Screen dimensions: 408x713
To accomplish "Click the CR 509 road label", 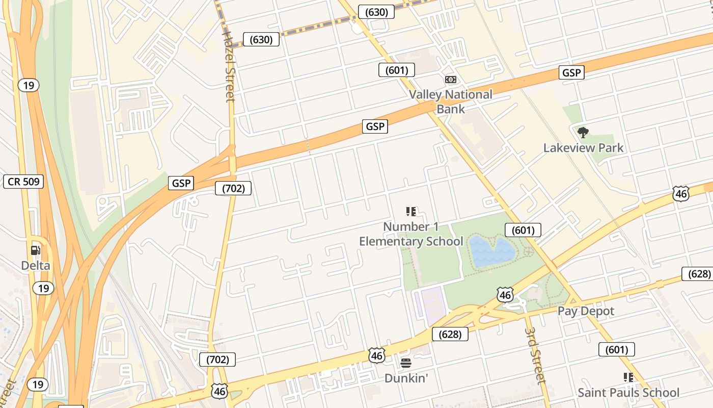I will (x=23, y=182).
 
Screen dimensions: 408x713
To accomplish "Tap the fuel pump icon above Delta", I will (x=36, y=250).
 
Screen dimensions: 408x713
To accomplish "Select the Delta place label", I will (x=36, y=265).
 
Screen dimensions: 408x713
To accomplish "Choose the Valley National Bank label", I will (x=451, y=101).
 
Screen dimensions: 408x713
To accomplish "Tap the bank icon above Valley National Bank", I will (x=451, y=80).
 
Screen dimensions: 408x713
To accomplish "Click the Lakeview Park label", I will (x=583, y=148).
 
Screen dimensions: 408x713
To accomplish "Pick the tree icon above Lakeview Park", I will (x=583, y=133).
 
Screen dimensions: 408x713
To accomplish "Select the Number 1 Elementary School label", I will (x=411, y=234).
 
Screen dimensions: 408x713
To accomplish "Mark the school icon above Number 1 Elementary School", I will (x=411, y=211).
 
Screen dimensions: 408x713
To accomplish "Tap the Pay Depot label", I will (x=586, y=311).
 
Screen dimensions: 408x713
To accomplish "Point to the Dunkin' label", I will (x=406, y=378).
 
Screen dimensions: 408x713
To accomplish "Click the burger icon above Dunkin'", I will (x=406, y=363).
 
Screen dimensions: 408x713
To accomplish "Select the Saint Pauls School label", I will (x=628, y=393).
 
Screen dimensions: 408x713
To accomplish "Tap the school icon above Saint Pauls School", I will (x=628, y=377).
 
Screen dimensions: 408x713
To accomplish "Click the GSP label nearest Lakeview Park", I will (x=571, y=72).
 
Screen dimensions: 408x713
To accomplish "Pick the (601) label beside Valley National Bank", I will (x=396, y=70).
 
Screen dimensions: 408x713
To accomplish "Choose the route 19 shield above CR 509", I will (x=29, y=85).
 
